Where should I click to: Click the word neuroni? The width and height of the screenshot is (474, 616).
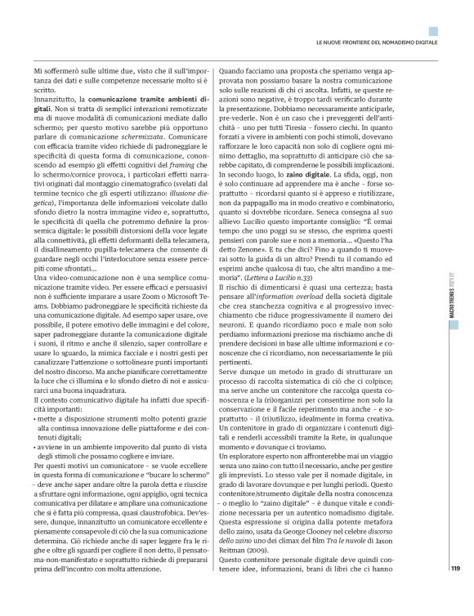pos(256,339)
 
